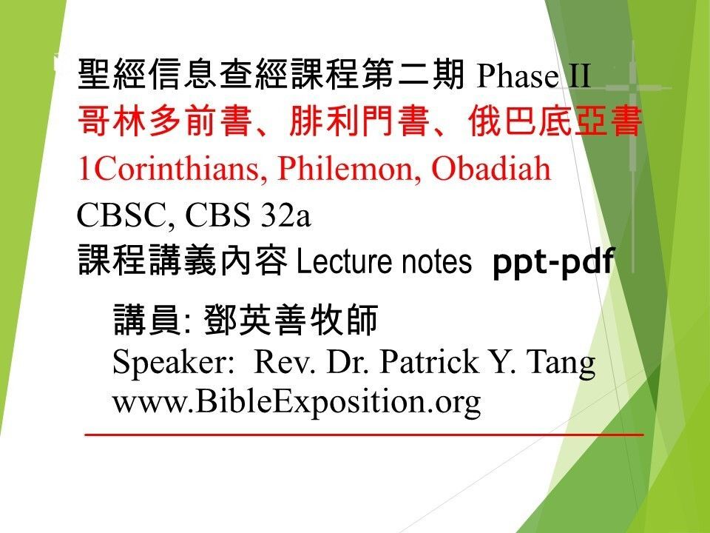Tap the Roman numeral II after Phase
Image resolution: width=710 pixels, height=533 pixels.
coord(578,76)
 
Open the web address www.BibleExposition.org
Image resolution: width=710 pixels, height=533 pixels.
coord(296,402)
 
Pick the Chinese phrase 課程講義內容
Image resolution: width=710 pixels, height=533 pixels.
coord(182,261)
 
